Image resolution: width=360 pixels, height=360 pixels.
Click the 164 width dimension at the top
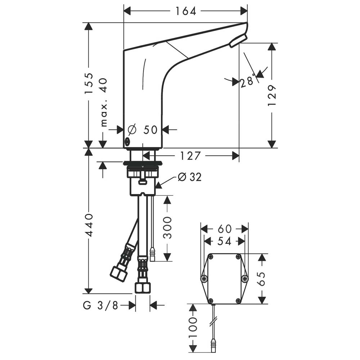click(x=185, y=11)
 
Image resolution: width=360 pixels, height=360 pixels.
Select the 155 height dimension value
click(x=89, y=84)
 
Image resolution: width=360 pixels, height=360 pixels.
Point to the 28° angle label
click(x=247, y=82)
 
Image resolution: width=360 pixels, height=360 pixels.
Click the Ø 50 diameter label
click(x=143, y=129)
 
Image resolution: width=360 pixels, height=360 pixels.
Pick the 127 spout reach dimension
click(x=190, y=156)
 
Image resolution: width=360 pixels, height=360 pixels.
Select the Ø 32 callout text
click(x=190, y=177)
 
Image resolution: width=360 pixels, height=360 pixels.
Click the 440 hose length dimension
click(x=89, y=225)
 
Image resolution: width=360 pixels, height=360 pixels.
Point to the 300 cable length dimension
click(x=167, y=228)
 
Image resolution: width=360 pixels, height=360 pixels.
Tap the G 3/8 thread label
click(x=100, y=306)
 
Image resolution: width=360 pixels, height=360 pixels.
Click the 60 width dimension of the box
click(x=224, y=229)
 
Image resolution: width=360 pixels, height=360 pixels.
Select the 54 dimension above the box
click(x=224, y=241)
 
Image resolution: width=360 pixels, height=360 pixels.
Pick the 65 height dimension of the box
click(x=262, y=278)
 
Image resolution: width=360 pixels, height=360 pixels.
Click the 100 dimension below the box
click(x=193, y=327)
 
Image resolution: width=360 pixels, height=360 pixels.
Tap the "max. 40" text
click(x=103, y=103)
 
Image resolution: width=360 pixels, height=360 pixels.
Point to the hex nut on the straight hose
click(x=143, y=288)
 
